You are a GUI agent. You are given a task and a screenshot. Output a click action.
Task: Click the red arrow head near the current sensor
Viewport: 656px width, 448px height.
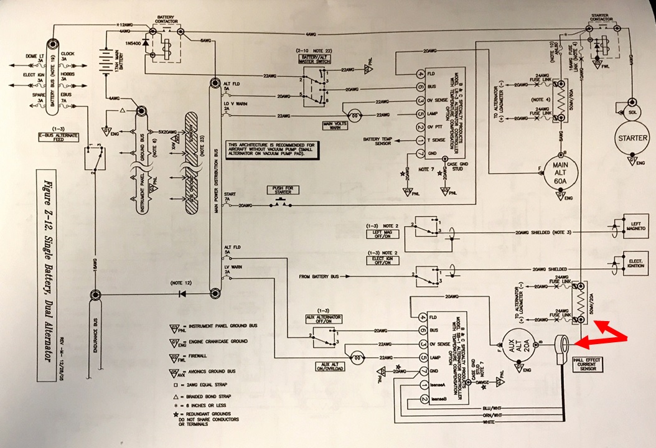tap(579, 341)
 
